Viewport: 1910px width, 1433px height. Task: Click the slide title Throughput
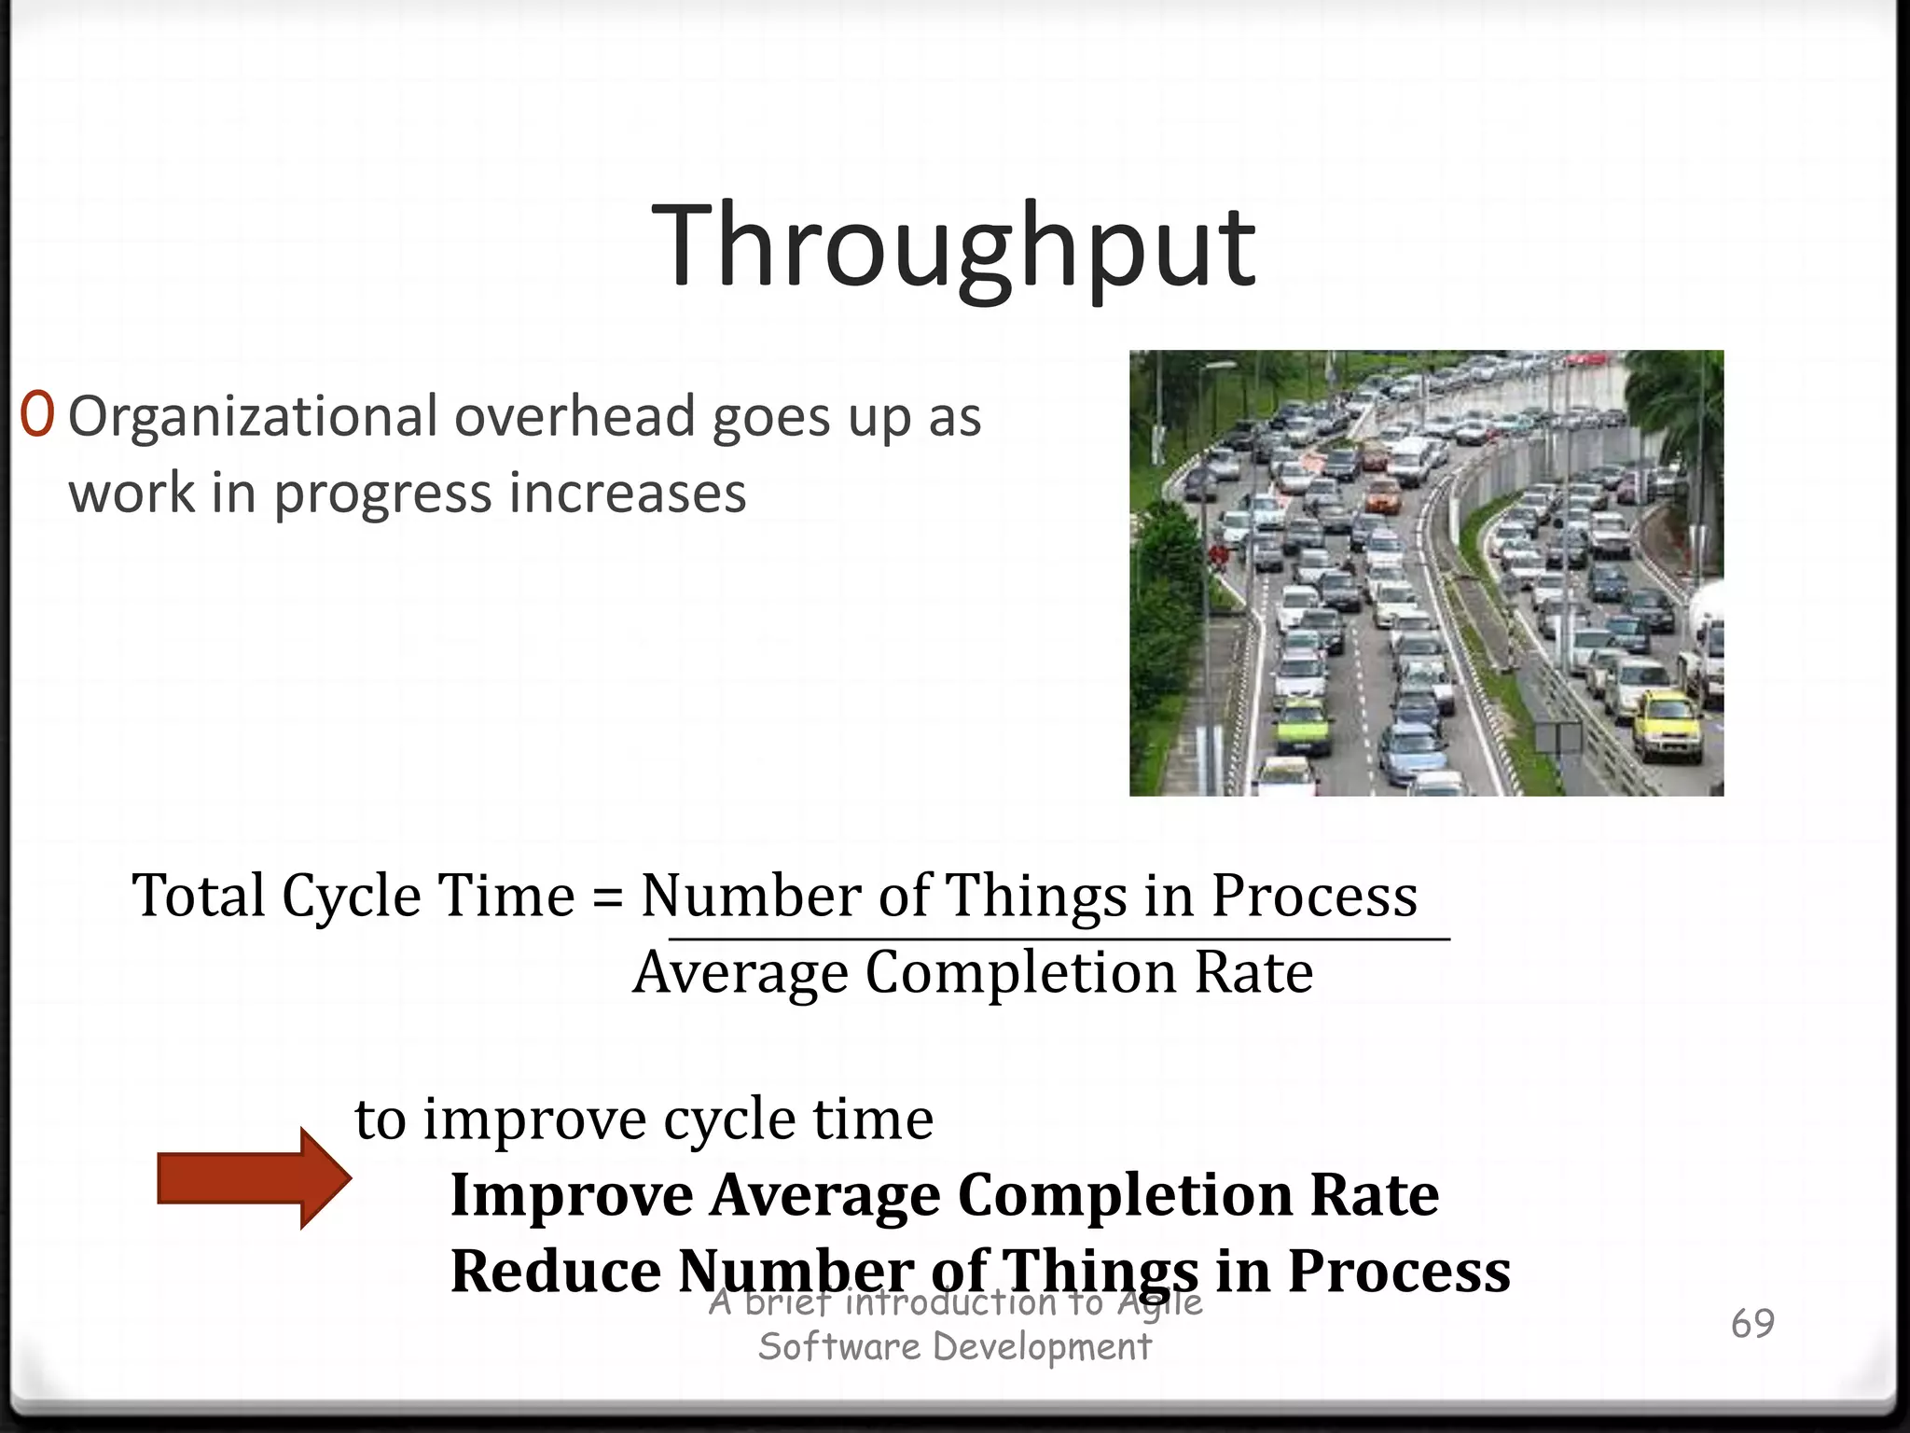pos(953,246)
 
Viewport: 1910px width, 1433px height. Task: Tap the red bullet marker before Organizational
pos(37,416)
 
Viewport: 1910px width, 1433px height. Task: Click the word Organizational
pos(253,417)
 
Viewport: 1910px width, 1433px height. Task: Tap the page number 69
pos(1752,1323)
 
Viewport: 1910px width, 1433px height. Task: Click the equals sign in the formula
pos(607,897)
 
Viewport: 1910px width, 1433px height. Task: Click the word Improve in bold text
pos(572,1195)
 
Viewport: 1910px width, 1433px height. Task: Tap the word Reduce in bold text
pos(556,1271)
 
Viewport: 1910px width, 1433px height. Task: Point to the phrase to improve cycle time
pos(644,1119)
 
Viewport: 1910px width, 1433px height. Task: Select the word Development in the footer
pos(1042,1347)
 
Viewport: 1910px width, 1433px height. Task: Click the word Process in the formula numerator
pos(1314,897)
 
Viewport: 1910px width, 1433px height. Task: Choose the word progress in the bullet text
pos(381,494)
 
